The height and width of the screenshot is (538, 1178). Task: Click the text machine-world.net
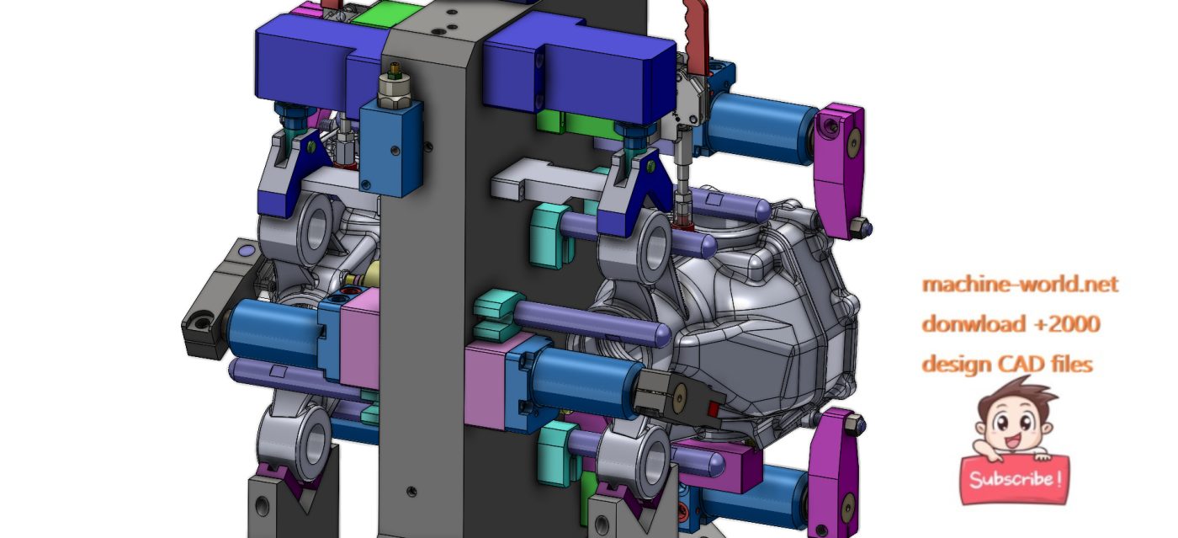click(x=1020, y=285)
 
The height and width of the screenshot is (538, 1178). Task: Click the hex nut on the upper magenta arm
click(x=861, y=226)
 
